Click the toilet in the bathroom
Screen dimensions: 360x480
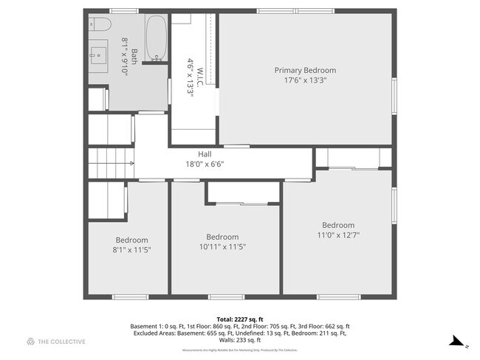(x=100, y=26)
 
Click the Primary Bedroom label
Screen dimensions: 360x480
(x=300, y=71)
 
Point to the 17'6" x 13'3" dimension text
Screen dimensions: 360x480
(x=300, y=80)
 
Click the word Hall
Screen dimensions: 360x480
(x=205, y=154)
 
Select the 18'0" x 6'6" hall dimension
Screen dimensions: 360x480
(x=205, y=164)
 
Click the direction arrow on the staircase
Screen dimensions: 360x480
(x=131, y=163)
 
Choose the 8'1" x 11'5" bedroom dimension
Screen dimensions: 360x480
(x=131, y=250)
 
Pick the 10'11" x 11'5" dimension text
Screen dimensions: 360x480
(x=225, y=247)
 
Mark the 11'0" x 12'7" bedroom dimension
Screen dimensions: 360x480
(x=337, y=235)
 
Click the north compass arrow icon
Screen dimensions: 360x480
(x=458, y=342)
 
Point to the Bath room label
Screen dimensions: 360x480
(x=134, y=55)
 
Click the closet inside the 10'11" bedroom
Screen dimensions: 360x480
(x=242, y=192)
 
